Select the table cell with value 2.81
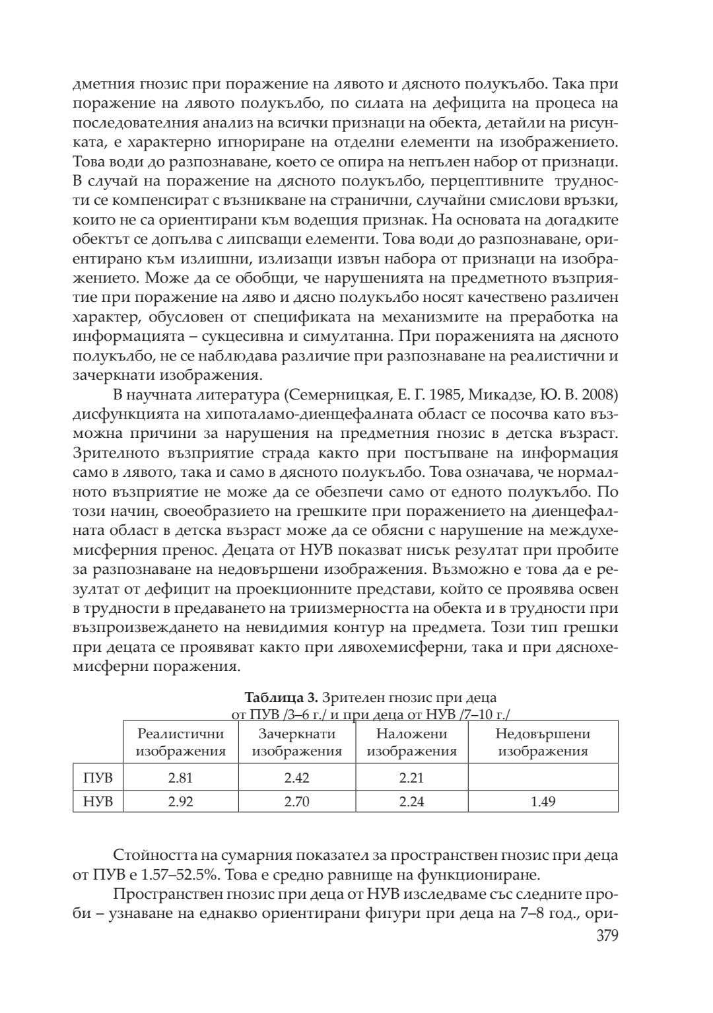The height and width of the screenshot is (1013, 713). coord(180,777)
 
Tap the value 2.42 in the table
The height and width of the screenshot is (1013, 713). coord(296,777)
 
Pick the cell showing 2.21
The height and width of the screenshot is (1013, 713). coord(411,777)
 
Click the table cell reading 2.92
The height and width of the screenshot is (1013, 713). coord(180,802)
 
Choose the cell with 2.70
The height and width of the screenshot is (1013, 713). coord(296,802)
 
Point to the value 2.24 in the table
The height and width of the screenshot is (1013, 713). coord(411,802)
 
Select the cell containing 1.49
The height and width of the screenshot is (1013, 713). coord(543,802)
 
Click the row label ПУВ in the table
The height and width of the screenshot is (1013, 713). coord(98,777)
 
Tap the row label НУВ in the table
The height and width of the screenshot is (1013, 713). coord(98,802)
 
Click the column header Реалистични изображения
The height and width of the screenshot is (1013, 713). coord(180,742)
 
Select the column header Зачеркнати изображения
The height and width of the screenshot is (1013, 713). coord(296,742)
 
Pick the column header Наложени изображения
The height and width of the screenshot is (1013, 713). coord(411,742)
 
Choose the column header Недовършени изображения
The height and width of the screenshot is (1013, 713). coord(543,742)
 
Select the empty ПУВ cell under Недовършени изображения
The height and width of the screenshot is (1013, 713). coord(543,777)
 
